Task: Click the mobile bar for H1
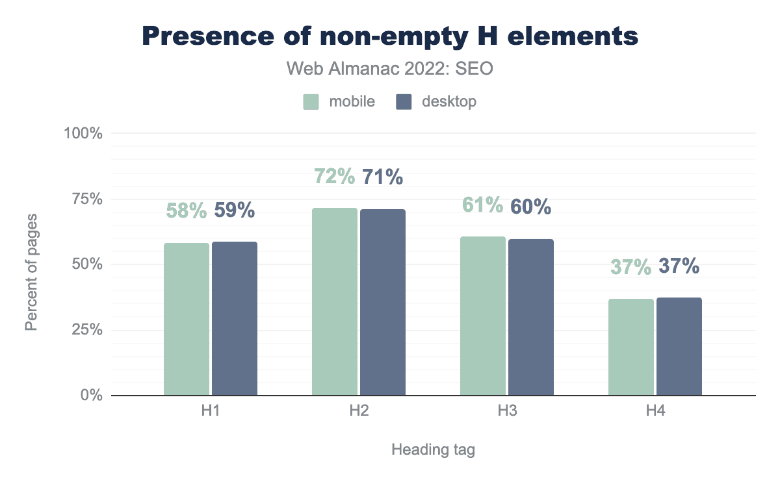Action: (187, 319)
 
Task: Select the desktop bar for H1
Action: (235, 318)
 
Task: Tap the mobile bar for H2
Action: (335, 301)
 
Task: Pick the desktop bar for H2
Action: (383, 302)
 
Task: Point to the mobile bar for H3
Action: (483, 316)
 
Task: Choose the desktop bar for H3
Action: (531, 317)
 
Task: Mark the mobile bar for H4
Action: (631, 347)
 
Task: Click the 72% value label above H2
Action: (335, 177)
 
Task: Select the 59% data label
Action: (235, 210)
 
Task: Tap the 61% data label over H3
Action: (483, 205)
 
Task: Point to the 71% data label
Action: (383, 177)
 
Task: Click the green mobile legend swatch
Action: (311, 102)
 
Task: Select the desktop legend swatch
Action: (404, 102)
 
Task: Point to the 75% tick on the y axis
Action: (87, 199)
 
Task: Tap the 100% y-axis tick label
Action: (83, 133)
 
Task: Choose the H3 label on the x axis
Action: (507, 411)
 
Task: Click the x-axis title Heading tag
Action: (433, 450)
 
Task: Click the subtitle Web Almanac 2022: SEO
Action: (390, 69)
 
